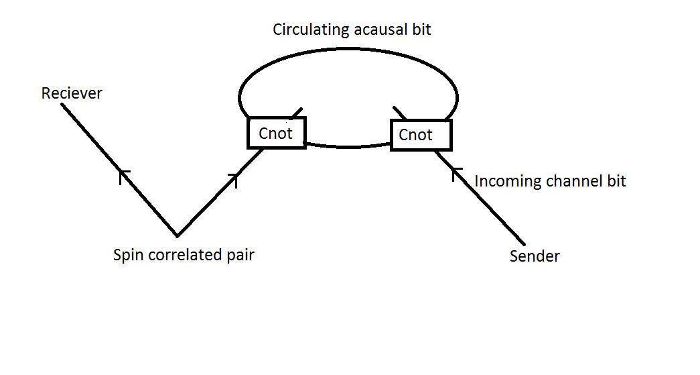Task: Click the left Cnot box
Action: click(x=276, y=133)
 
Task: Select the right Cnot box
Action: click(x=421, y=135)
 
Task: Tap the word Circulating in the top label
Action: click(x=310, y=30)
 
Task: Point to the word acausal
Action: click(x=380, y=30)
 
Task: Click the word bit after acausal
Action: click(x=421, y=30)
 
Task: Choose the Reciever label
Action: click(x=72, y=93)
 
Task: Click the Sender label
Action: click(x=535, y=256)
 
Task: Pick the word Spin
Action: click(x=127, y=256)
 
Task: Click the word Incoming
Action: click(x=508, y=181)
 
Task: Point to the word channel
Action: click(x=573, y=181)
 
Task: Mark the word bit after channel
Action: click(x=616, y=181)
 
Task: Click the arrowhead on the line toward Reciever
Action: click(x=123, y=174)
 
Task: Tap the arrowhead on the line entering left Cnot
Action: click(x=233, y=178)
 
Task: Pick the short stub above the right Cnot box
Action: click(x=400, y=112)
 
